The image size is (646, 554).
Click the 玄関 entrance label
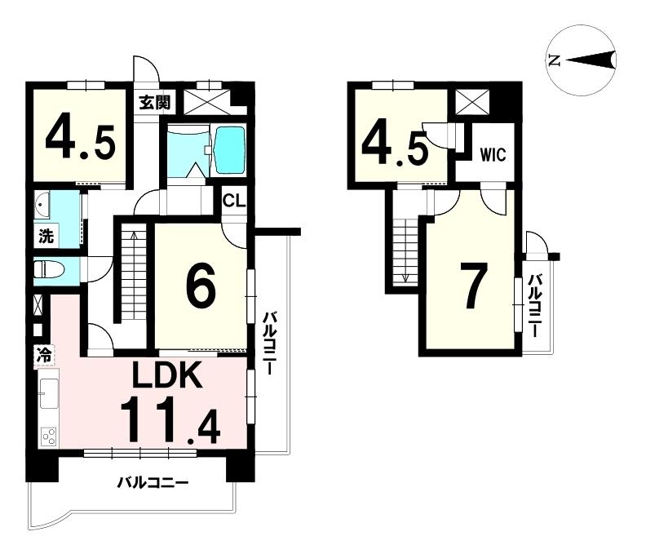(153, 103)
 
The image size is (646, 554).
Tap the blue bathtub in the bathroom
(228, 151)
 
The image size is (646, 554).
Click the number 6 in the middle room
(200, 286)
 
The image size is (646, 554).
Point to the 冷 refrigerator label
(43, 355)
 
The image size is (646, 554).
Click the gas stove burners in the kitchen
(48, 436)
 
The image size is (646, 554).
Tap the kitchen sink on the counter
(48, 393)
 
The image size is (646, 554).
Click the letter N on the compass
(554, 60)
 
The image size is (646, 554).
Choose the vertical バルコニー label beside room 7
(535, 307)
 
